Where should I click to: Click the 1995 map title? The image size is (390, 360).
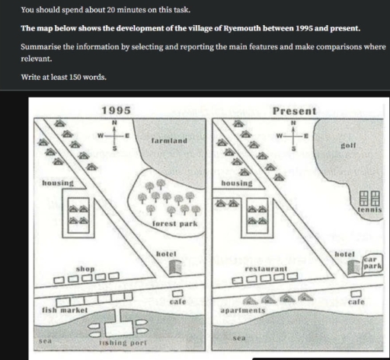(x=116, y=110)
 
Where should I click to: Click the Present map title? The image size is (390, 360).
(x=293, y=111)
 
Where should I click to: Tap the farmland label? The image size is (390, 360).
(x=168, y=142)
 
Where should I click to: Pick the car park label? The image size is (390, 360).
(x=371, y=263)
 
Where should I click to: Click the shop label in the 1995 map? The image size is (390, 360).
(x=85, y=269)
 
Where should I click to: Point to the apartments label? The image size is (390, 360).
(x=241, y=311)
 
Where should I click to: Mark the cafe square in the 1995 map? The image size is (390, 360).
(x=178, y=293)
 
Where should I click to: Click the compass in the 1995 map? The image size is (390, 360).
(x=114, y=135)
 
